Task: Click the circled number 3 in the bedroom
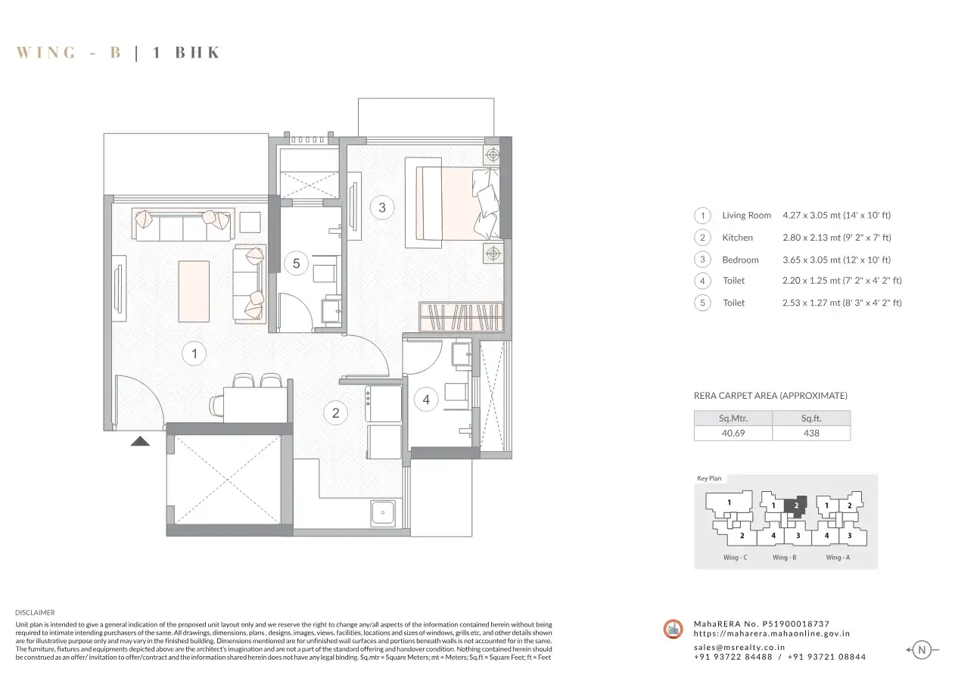[x=382, y=207]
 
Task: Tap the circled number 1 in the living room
[x=194, y=353]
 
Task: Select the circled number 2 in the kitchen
[x=335, y=412]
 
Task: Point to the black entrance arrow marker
[x=140, y=441]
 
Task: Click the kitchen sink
[x=383, y=512]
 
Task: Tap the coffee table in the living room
[x=194, y=291]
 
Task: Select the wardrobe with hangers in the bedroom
[x=461, y=317]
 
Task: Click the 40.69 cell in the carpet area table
[x=733, y=434]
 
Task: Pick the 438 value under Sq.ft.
[x=811, y=434]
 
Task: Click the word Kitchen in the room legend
[x=737, y=238]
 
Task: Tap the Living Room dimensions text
[x=836, y=216]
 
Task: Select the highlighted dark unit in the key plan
[x=795, y=506]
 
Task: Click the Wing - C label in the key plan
[x=735, y=557]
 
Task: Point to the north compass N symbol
[x=921, y=650]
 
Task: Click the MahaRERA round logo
[x=673, y=630]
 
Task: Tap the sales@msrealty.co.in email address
[x=739, y=647]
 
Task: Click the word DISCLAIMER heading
[x=35, y=613]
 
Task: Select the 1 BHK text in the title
[x=186, y=52]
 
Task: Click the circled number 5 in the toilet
[x=297, y=263]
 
